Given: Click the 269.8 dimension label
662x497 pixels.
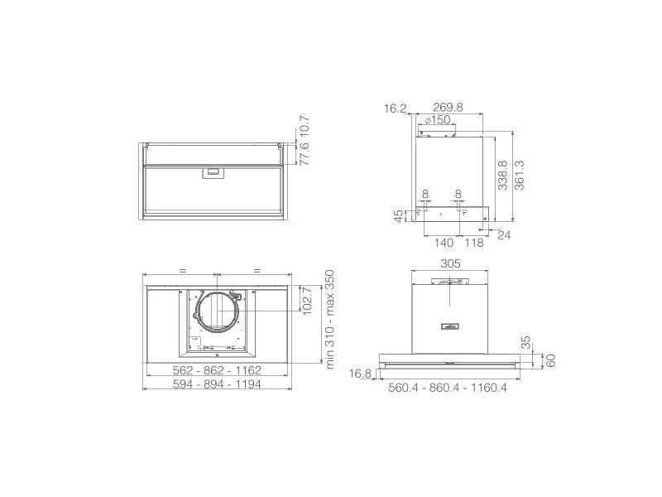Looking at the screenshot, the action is point(448,108).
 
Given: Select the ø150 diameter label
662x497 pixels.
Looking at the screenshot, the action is point(438,120).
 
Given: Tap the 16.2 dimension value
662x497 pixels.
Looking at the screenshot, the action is point(396,109).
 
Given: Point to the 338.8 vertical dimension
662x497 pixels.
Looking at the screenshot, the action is point(502,176).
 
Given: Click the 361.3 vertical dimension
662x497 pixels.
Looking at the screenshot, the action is point(519,176).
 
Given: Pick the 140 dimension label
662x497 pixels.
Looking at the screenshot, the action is point(444,243).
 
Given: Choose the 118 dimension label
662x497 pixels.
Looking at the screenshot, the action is point(473,243).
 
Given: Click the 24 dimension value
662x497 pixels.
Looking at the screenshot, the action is point(504,235).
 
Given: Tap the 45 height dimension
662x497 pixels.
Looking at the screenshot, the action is point(399,216).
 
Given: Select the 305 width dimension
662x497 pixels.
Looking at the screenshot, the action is point(450,263).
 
